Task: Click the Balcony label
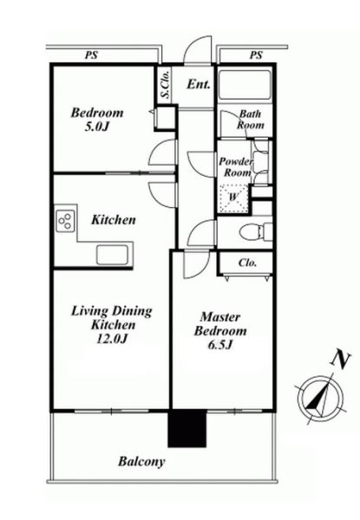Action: [141, 462]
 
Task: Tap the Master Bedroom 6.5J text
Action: [220, 331]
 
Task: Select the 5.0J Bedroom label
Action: [97, 120]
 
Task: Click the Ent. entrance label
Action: [199, 84]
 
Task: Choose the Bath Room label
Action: [250, 120]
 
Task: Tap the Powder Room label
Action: [236, 167]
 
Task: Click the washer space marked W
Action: [233, 198]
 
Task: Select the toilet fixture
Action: [256, 231]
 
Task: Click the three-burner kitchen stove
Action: [65, 220]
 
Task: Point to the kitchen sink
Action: [113, 255]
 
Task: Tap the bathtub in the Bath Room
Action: [245, 85]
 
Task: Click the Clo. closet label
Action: [247, 263]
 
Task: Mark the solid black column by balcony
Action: [187, 428]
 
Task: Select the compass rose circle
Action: [320, 397]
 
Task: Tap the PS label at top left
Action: [91, 55]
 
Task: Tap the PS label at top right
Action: [256, 55]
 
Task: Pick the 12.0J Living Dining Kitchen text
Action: [112, 325]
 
